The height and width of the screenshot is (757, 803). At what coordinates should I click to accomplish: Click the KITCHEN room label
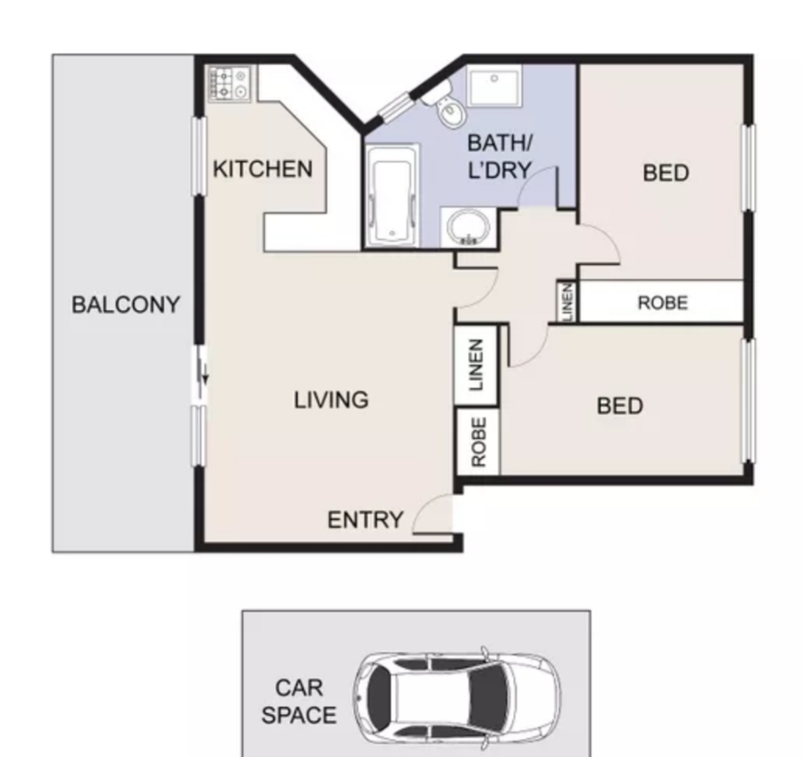[x=262, y=169]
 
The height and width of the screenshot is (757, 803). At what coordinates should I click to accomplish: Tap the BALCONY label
[x=126, y=305]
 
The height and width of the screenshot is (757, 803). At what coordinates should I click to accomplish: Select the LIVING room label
[x=332, y=400]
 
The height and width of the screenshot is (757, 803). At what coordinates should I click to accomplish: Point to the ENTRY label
[x=365, y=520]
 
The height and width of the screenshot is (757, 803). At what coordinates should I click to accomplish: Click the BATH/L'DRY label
[x=500, y=156]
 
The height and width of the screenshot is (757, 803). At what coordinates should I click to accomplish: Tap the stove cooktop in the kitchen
[x=229, y=84]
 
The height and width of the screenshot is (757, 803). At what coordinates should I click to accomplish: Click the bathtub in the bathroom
[x=392, y=195]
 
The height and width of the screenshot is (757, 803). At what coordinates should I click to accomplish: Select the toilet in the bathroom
[x=446, y=106]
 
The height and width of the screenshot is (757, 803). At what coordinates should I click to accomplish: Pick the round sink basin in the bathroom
[x=468, y=227]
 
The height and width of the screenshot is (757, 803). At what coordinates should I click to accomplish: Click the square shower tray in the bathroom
[x=494, y=86]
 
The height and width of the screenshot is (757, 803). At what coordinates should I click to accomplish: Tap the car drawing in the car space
[x=457, y=697]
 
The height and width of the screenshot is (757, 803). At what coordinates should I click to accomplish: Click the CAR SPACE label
[x=299, y=701]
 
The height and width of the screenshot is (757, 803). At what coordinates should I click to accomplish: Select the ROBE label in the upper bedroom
[x=662, y=303]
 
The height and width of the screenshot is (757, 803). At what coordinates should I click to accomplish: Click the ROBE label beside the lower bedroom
[x=478, y=442]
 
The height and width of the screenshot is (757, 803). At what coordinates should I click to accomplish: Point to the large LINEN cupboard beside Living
[x=477, y=365]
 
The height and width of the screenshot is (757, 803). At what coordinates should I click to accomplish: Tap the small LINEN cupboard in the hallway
[x=567, y=302]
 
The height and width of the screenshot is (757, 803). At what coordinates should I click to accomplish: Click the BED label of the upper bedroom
[x=666, y=173]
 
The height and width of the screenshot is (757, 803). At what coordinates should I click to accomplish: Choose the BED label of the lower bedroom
[x=620, y=406]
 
